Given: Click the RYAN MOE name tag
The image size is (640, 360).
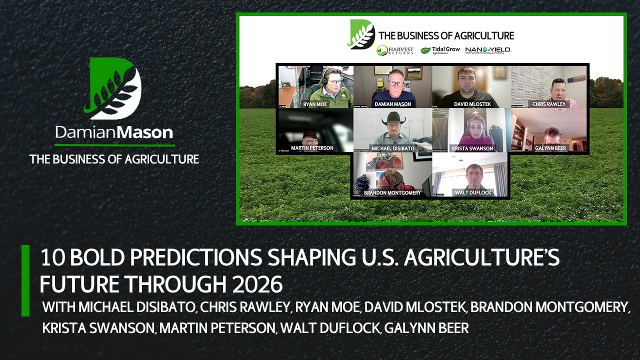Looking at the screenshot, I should click(x=315, y=104).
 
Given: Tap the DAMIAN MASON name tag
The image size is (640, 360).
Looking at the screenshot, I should click(x=392, y=104).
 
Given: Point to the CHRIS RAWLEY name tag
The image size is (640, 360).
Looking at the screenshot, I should click(x=548, y=104).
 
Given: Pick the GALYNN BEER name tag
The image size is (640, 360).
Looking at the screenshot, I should click(x=550, y=148).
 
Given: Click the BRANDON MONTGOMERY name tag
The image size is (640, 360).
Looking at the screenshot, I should click(x=392, y=192).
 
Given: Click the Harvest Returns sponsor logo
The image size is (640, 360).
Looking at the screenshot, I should click(x=395, y=50).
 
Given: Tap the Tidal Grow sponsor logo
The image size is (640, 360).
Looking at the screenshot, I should click(x=440, y=50).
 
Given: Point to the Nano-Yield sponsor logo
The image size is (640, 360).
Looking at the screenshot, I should click(x=488, y=50).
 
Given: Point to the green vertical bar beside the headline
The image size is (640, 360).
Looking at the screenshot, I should click(x=25, y=280).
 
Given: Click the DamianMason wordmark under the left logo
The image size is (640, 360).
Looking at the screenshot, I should click(x=114, y=132).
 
